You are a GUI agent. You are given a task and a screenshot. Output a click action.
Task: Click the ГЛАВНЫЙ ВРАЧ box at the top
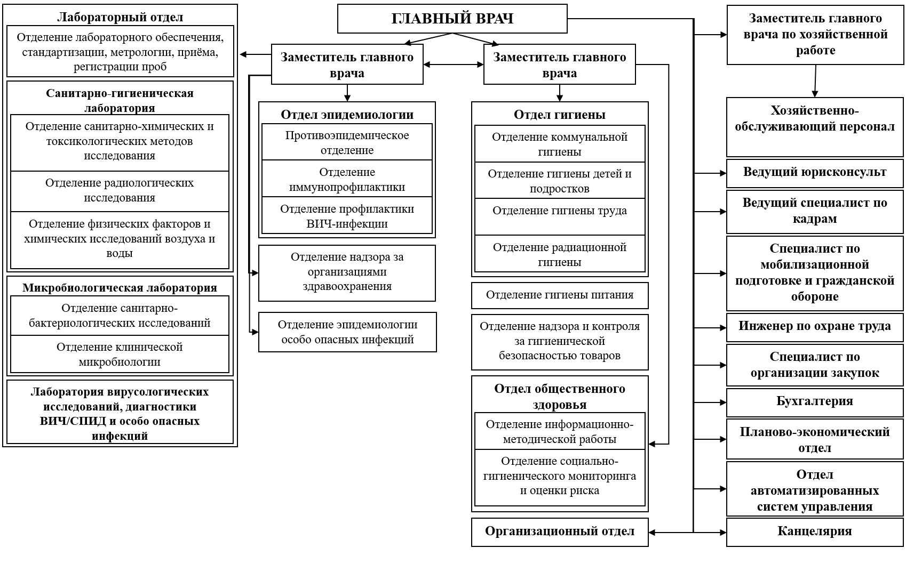coord(452,19)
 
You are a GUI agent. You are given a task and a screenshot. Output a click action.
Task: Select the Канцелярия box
coord(814,531)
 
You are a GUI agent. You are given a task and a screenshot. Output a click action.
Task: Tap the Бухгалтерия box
coord(814,401)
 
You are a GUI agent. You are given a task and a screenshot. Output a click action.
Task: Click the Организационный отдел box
coord(559,531)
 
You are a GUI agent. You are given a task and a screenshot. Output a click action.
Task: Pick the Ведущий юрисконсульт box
coord(814,172)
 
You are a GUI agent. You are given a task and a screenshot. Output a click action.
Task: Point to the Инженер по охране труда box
coord(814,326)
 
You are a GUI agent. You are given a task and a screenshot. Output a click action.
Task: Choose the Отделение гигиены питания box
coord(559,295)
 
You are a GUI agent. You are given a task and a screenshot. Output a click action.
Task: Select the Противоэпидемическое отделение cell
coord(347,142)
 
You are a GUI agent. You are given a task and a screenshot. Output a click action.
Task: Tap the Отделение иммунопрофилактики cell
coord(347,179)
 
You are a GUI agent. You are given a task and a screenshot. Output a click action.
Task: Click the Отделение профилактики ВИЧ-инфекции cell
coord(347,216)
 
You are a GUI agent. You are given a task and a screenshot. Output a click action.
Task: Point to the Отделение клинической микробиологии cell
coord(120,354)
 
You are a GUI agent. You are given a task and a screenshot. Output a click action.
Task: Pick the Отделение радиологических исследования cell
coord(120,190)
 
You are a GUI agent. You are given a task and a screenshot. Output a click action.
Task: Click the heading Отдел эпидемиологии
coord(347,115)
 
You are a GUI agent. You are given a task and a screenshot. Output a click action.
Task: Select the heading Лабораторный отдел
coord(120,17)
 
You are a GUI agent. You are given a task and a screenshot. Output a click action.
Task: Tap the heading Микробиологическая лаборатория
coord(120,288)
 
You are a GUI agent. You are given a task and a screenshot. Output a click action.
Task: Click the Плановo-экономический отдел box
coord(814,439)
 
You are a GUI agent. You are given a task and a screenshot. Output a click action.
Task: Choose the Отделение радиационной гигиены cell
coord(559,254)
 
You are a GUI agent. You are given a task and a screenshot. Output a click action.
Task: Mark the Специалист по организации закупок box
coord(814,365)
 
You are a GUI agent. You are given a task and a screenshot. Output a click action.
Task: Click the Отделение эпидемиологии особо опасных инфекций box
coord(347,332)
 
